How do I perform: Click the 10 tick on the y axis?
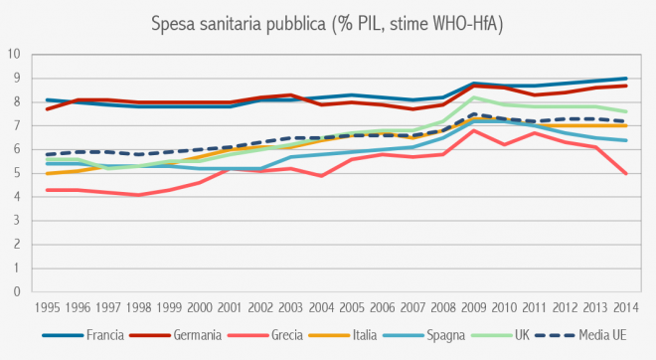tap(13, 54)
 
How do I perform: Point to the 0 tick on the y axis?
tap(16, 292)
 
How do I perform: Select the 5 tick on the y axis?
tap(16, 173)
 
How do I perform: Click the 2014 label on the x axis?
tap(624, 308)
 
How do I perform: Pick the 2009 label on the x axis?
tap(474, 308)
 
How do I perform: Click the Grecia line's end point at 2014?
tap(624, 173)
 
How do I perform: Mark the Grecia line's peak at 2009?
tap(474, 130)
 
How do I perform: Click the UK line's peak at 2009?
tap(474, 97)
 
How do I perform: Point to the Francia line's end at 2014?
tap(624, 78)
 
